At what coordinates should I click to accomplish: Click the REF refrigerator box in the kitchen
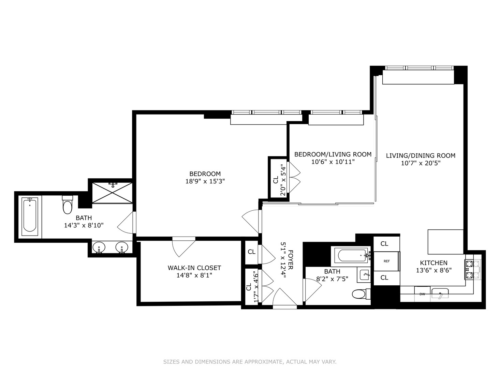tap(386, 261)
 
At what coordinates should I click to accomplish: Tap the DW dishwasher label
tap(422, 294)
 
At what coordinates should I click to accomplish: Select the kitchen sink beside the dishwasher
tap(440, 293)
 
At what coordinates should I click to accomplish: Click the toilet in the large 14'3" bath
tap(68, 205)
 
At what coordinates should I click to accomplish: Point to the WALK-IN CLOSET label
tap(194, 268)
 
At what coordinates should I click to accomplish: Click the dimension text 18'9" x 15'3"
tap(205, 181)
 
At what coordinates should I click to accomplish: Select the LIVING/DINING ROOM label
tap(421, 155)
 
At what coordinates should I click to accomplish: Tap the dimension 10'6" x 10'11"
tap(333, 162)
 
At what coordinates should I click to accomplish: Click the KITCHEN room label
tap(434, 263)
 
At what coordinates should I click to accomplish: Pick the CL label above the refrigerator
tap(384, 244)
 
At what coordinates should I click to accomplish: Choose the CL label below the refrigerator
tap(384, 277)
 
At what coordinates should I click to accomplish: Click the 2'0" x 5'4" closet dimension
tap(283, 180)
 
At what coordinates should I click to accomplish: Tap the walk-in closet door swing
tap(183, 247)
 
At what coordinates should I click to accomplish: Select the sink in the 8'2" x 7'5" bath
tap(364, 275)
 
